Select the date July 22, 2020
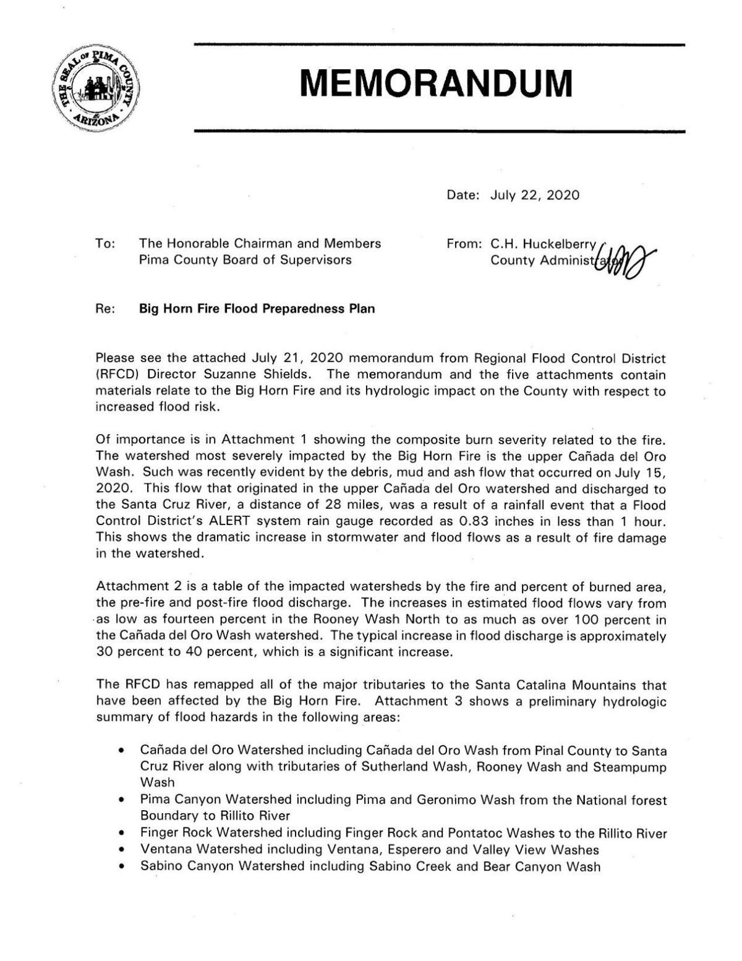pyautogui.click(x=535, y=195)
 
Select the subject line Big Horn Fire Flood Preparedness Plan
pyautogui.click(x=257, y=309)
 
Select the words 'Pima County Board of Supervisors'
pyautogui.click(x=245, y=260)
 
